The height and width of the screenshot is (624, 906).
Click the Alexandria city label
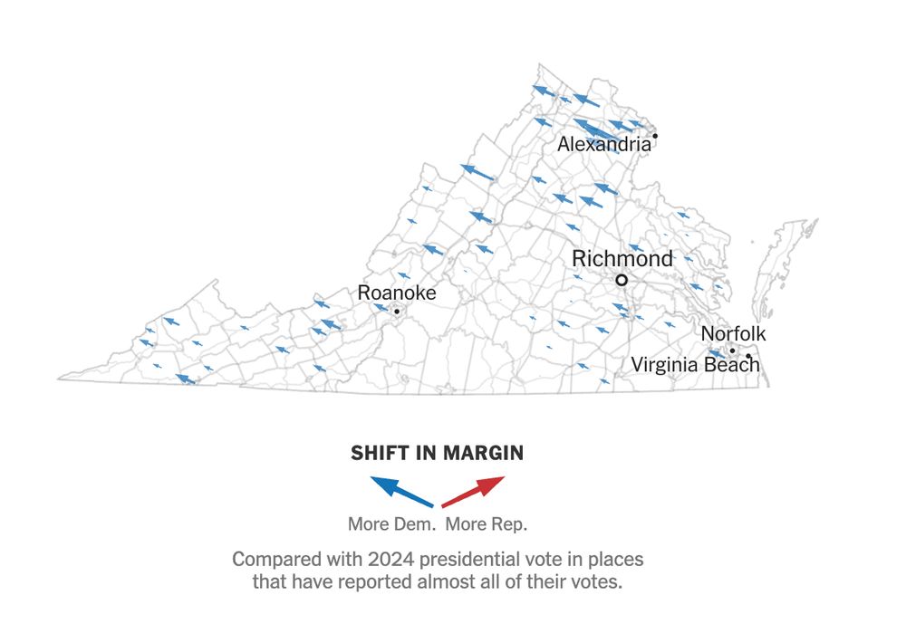603,144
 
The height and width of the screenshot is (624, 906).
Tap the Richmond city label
622,259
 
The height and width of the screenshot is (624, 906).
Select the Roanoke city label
397,293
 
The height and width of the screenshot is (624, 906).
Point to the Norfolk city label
733,334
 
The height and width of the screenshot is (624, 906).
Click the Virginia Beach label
695,365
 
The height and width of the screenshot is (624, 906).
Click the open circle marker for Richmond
622,281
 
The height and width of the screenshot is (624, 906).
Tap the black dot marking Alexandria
655,136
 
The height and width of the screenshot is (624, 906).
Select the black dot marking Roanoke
396,312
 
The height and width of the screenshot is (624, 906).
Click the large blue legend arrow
400,490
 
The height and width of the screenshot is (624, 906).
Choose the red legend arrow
473,490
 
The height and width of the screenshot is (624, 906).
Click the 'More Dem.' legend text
393,524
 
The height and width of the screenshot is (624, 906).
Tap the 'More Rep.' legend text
487,524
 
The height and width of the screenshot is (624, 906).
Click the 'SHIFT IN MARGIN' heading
437,453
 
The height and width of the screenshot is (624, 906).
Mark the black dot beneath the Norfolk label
732,350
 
